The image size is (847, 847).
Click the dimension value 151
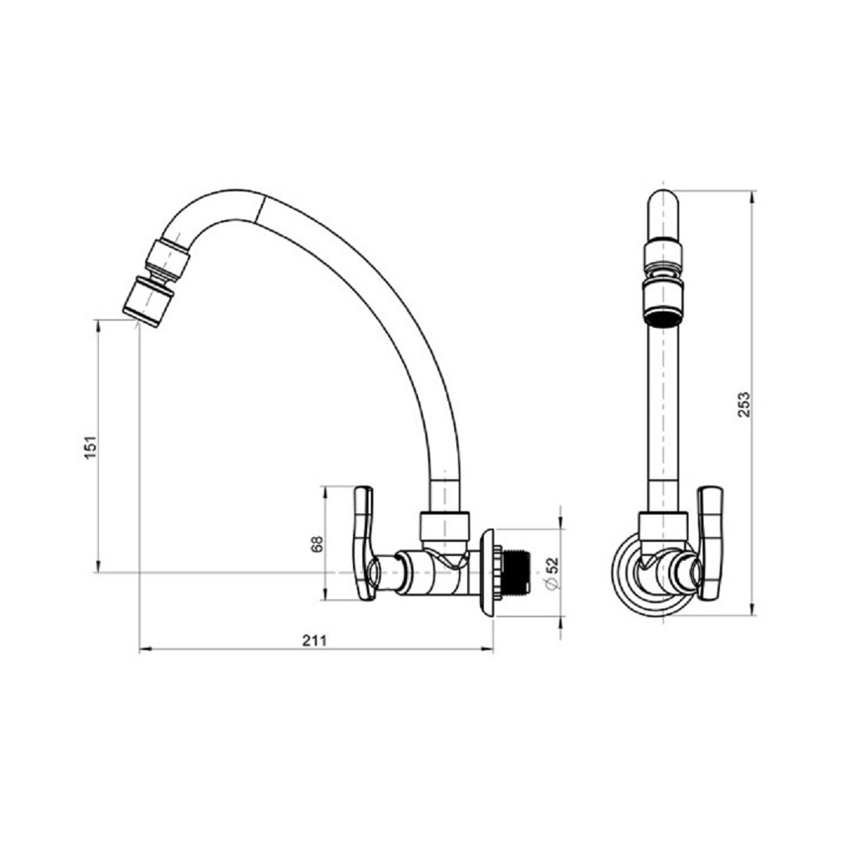point(92,447)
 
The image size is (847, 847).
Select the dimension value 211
point(314,641)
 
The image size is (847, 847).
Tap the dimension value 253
point(743,404)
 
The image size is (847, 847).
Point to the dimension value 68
point(317,543)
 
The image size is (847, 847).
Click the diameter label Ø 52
point(551,573)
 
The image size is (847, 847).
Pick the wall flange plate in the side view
point(488,573)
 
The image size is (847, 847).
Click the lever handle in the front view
point(710,543)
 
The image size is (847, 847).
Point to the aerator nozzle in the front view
point(663,303)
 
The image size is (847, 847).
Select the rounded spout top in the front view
point(663,213)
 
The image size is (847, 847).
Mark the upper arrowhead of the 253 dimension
point(753,195)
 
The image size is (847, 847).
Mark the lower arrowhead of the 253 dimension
point(753,609)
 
